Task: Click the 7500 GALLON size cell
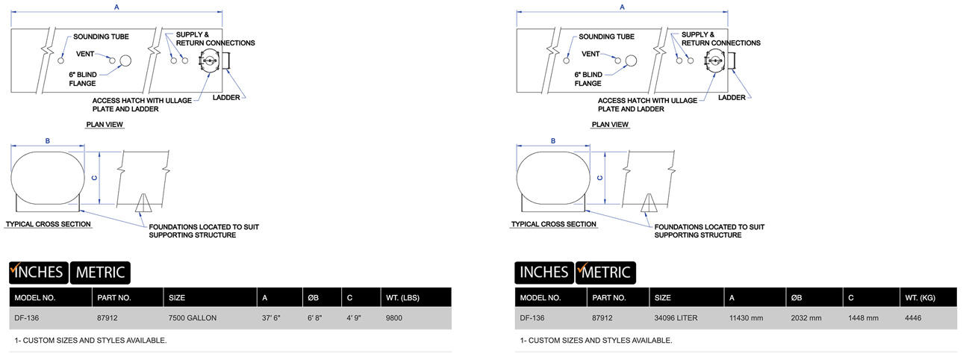[x=192, y=318]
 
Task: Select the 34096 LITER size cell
[x=676, y=318]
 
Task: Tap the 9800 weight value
[x=394, y=318]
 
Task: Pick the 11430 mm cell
[x=747, y=318]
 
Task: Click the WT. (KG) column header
[x=920, y=298]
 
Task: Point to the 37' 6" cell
[x=271, y=318]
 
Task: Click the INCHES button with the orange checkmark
[x=39, y=273]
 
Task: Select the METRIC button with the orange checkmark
[x=605, y=273]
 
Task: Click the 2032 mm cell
[x=806, y=318]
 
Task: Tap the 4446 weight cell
[x=913, y=318]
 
